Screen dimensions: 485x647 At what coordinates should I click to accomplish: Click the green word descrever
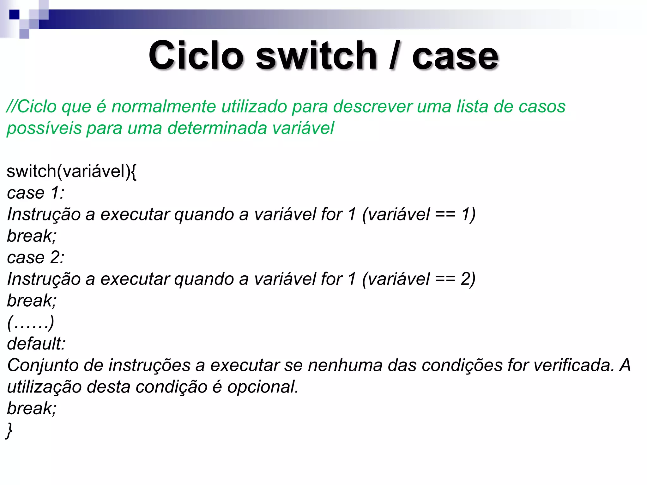coord(373,106)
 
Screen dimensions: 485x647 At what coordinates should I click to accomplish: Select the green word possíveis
coord(44,129)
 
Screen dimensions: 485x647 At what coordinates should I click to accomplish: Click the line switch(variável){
coord(71,171)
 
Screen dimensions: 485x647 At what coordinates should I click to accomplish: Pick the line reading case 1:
coord(36,193)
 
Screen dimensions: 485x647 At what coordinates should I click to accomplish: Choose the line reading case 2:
coord(36,257)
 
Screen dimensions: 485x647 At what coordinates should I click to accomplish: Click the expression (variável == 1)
coord(419,214)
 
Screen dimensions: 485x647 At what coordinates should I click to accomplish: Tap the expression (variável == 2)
coord(419,279)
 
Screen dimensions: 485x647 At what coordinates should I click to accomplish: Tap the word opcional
coord(263,387)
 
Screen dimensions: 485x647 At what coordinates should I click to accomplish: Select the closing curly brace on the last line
coord(9,430)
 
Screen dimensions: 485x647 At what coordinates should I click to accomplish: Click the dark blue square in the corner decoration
coord(14,15)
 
